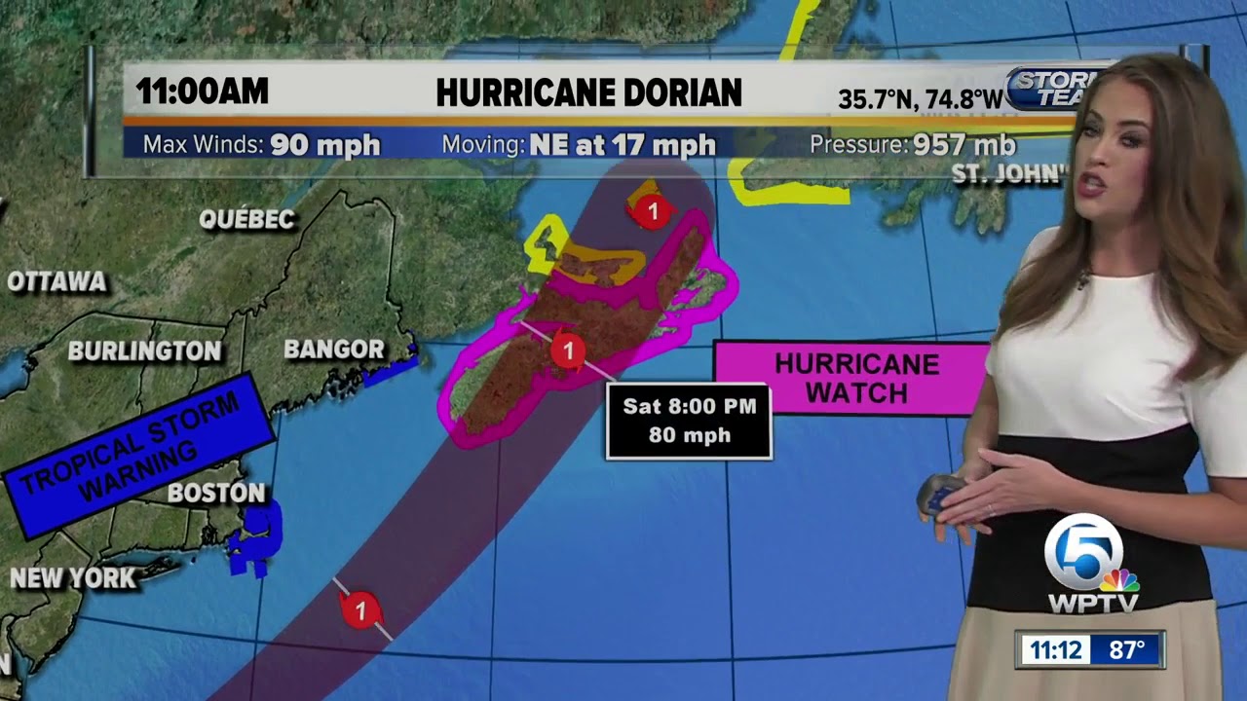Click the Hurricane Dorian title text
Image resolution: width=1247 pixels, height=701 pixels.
[588, 92]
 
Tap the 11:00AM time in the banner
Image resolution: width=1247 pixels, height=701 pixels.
[202, 92]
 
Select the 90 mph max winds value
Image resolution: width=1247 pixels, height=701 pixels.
[325, 145]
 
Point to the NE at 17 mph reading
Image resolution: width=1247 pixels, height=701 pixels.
[623, 145]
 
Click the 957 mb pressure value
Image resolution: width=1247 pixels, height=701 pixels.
[964, 145]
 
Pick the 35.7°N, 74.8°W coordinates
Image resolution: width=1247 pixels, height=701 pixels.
[920, 99]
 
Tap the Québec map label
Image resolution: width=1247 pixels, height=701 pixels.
[246, 219]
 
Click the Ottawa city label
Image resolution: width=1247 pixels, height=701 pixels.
[57, 282]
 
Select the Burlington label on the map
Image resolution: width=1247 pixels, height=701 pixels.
[144, 350]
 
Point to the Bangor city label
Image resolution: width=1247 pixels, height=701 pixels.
[334, 349]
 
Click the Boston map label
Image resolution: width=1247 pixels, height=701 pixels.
[216, 493]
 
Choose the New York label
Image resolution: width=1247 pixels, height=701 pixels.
[73, 578]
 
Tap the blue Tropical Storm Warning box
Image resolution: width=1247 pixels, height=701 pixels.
[136, 454]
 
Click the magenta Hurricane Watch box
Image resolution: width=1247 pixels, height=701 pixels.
[856, 378]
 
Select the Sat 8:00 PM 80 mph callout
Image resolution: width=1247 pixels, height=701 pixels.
[689, 421]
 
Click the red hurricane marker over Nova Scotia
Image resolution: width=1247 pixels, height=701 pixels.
[567, 350]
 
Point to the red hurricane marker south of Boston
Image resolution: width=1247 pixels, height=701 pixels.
[360, 610]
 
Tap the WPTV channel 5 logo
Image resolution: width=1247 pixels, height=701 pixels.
[1091, 565]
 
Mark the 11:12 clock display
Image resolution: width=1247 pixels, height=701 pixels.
[1057, 649]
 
